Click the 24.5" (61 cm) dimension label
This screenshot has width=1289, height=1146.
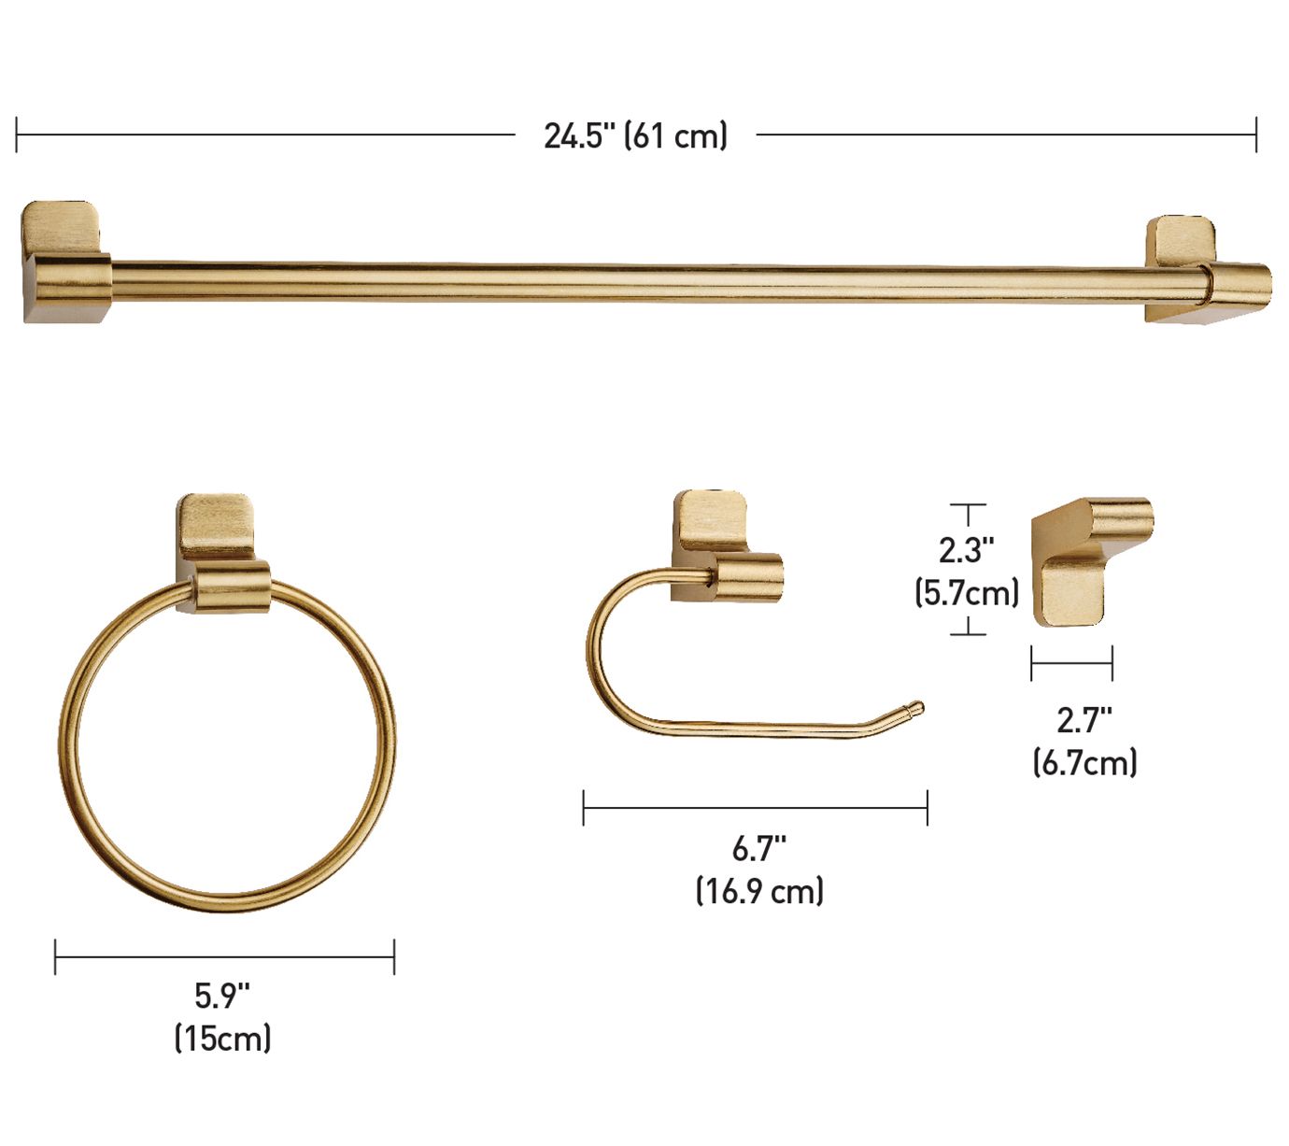click(635, 136)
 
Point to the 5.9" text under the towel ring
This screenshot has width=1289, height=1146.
click(222, 996)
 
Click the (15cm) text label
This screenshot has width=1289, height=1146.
click(222, 1038)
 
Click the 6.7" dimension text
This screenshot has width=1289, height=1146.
click(758, 849)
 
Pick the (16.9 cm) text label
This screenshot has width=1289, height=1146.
click(759, 891)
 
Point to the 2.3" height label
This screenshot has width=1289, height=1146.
click(966, 550)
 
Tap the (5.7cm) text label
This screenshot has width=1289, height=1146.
click(966, 592)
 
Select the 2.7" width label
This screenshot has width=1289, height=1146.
click(1084, 720)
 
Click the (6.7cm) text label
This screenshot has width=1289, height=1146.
click(1084, 762)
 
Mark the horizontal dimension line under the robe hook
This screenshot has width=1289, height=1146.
click(1071, 664)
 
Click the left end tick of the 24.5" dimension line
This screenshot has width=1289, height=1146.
click(17, 134)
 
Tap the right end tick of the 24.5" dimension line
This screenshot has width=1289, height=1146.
click(1256, 134)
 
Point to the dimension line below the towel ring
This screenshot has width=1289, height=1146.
click(224, 956)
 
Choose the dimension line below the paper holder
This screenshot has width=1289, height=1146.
click(755, 808)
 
